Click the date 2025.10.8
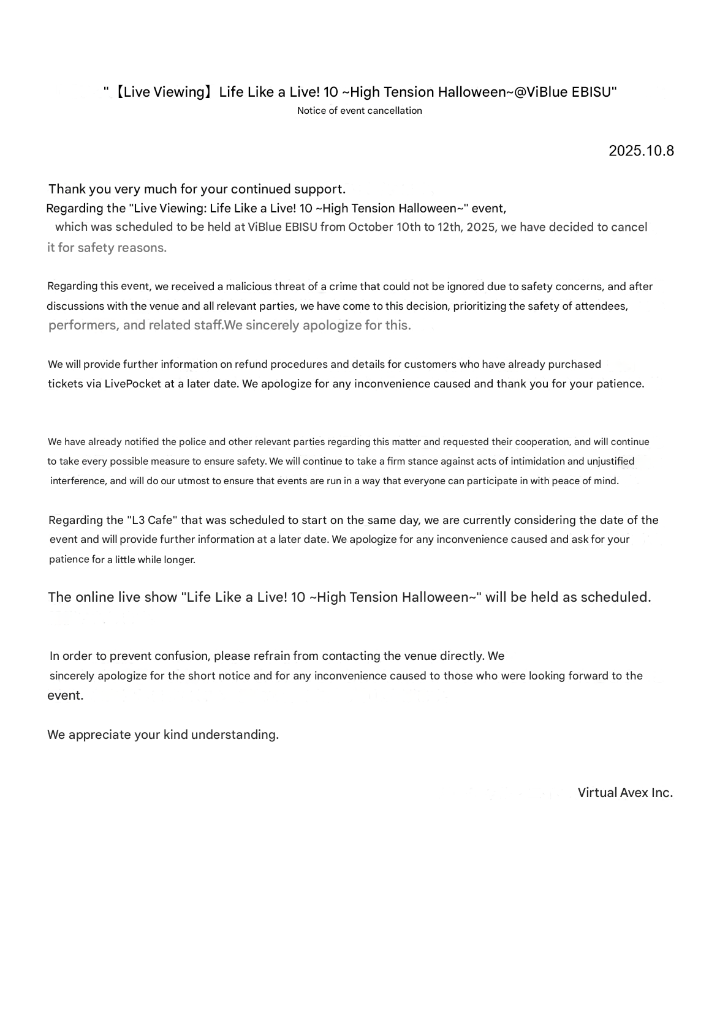coord(641,151)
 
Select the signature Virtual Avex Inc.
coord(625,793)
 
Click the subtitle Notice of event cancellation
coord(360,111)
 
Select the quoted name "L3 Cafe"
coord(152,520)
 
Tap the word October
coord(371,227)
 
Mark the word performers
coord(83,326)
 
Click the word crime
coord(343,286)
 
